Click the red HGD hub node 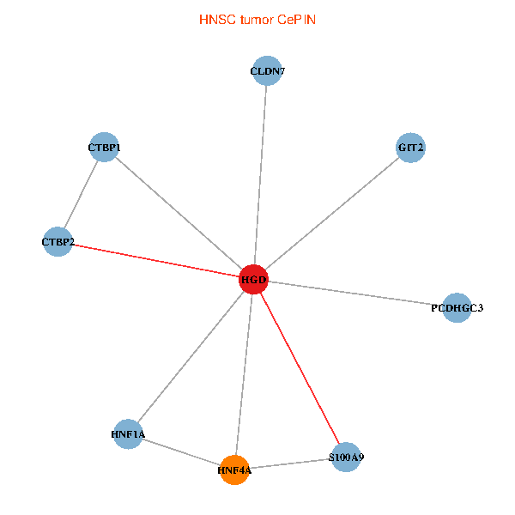[x=253, y=280]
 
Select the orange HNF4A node [x=234, y=470]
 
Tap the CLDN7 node [x=268, y=71]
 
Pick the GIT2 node [x=411, y=148]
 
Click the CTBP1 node [x=104, y=148]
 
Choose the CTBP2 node [x=58, y=242]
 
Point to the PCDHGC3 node [x=457, y=307]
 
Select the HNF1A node [x=128, y=434]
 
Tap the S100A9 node [x=346, y=457]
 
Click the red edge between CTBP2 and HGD [x=154, y=261]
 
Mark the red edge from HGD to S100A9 [x=300, y=369]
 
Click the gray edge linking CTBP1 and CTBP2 [x=81, y=195]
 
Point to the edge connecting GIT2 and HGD [x=332, y=214]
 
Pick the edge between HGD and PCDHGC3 [x=354, y=294]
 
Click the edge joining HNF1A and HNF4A [x=181, y=451]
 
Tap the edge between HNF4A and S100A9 [x=290, y=463]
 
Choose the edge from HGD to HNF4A [x=244, y=374]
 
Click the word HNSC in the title [x=215, y=19]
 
